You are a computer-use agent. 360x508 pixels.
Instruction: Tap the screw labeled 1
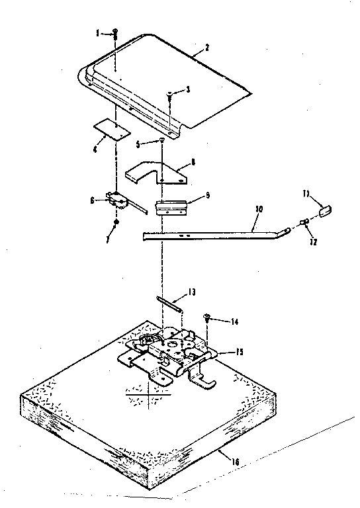coord(114,33)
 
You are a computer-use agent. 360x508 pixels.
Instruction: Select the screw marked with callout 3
coord(170,96)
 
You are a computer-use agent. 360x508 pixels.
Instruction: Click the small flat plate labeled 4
coord(110,130)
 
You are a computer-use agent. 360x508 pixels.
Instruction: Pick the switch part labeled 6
coord(118,198)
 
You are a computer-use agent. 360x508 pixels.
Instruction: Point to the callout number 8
coord(193,161)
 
